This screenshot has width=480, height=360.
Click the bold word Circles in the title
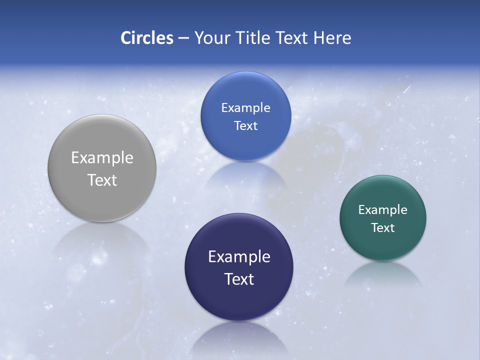(147, 38)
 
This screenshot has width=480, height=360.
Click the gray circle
(102, 200)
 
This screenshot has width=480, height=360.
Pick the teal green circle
(382, 245)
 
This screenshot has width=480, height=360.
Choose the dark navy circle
(239, 300)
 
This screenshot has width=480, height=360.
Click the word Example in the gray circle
(102, 158)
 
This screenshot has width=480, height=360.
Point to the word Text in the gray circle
(102, 180)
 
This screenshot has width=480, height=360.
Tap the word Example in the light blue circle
(245, 108)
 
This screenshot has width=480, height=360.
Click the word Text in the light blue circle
(245, 125)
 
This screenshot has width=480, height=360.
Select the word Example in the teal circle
(382, 210)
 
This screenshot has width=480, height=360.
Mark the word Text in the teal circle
(382, 227)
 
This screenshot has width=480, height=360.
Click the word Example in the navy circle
(239, 257)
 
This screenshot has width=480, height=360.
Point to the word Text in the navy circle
(239, 279)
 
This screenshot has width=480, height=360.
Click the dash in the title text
(183, 38)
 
